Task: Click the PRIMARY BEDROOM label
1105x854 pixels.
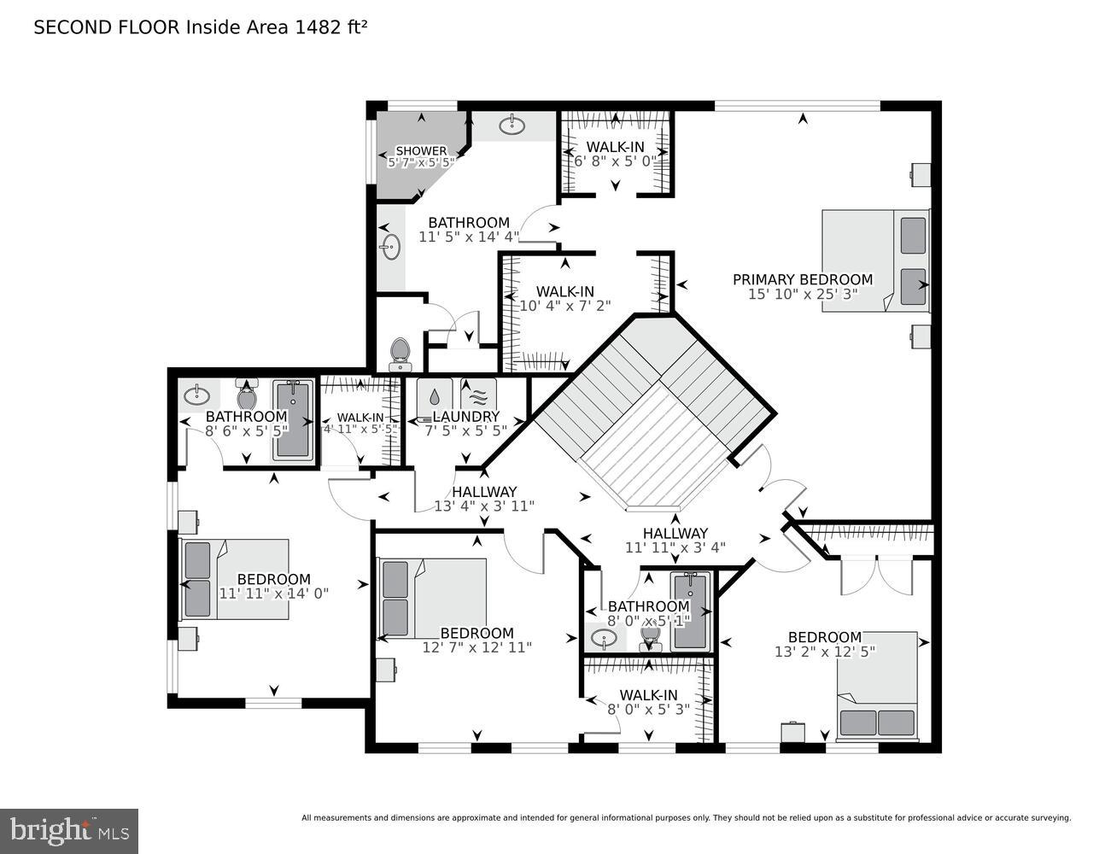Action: point(802,279)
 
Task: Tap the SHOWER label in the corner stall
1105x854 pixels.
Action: point(421,151)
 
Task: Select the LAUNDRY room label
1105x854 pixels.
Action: point(465,417)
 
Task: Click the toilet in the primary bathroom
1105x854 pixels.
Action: point(399,354)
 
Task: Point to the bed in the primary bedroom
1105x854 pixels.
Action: point(875,260)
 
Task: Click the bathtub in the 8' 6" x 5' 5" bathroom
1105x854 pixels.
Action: point(292,418)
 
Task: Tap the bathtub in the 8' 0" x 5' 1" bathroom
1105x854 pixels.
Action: point(690,611)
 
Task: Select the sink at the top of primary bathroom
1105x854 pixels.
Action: point(512,126)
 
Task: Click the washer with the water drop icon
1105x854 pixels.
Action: point(435,397)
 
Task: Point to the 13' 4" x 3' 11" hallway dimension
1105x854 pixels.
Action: point(484,506)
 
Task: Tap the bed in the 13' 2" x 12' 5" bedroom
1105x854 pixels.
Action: point(877,685)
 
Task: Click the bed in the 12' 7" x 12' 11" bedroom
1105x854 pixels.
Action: point(432,598)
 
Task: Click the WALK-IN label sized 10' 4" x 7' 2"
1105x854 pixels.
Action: point(564,291)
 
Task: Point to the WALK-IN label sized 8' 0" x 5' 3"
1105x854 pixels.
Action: point(648,695)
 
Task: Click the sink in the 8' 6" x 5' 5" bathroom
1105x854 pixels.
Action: point(198,395)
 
